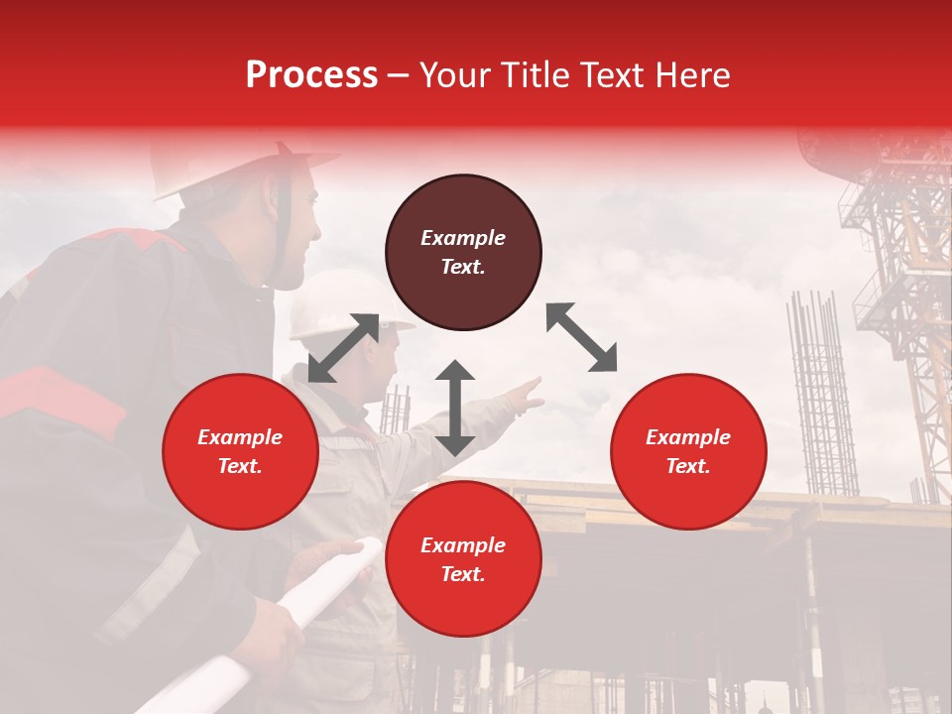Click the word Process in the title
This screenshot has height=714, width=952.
[x=311, y=75]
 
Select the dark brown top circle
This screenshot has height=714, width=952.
[x=463, y=252]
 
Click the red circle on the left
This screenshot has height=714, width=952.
[x=240, y=451]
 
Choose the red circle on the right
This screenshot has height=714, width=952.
[x=688, y=451]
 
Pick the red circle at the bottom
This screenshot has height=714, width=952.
[x=463, y=559]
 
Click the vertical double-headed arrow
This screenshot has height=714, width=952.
[x=455, y=408]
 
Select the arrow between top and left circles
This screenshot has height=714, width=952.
[x=343, y=347]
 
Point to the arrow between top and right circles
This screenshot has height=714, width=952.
[x=581, y=337]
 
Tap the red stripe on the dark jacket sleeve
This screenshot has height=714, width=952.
[x=59, y=397]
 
